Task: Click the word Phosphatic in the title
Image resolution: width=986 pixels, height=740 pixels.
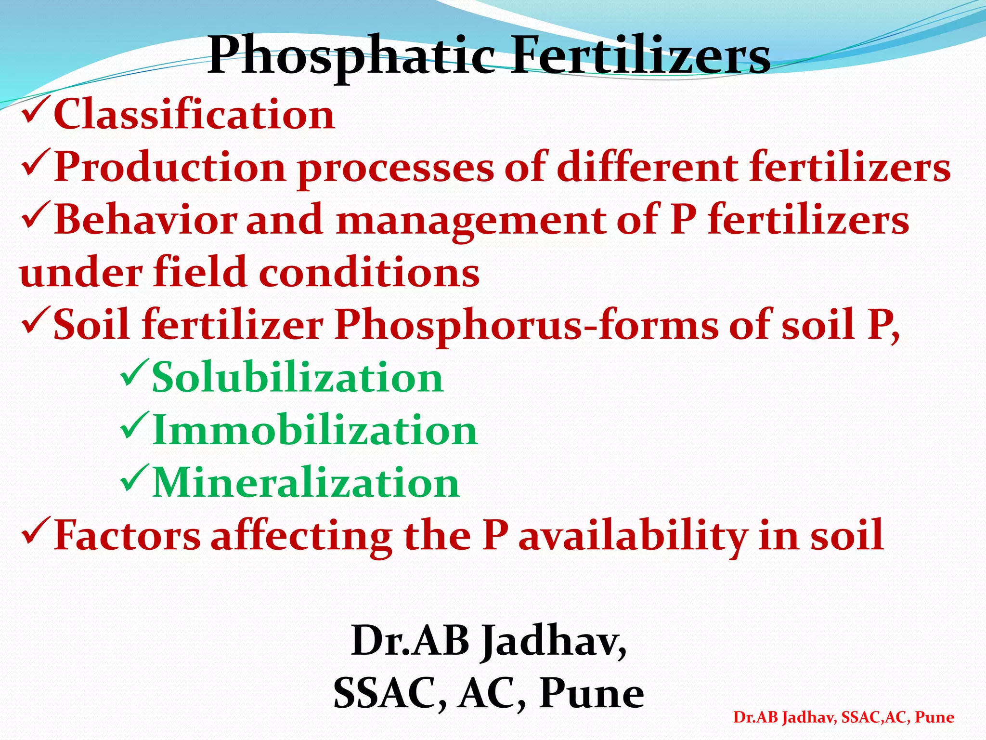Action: pos(351,57)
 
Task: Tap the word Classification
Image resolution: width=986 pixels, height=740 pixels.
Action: pos(194,115)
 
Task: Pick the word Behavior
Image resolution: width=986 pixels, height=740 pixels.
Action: pos(145,220)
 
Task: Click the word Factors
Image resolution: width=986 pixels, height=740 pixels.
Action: pos(127,535)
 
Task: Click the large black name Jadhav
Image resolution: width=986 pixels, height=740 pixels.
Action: pos(554,641)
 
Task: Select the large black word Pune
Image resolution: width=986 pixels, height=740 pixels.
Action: pos(591,694)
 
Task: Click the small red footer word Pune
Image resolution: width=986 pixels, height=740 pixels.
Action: pos(934,717)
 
